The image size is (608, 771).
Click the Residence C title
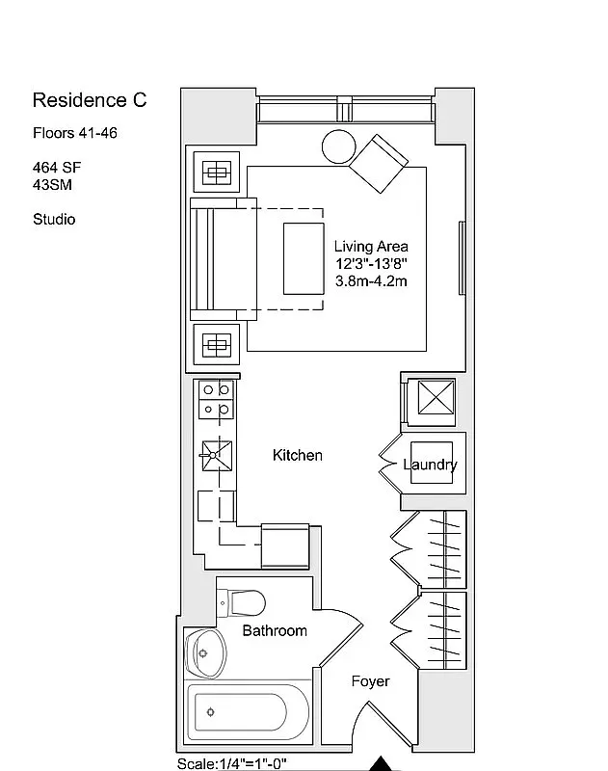click(x=90, y=100)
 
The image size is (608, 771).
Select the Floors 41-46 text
click(x=75, y=134)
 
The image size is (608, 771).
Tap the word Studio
click(x=54, y=219)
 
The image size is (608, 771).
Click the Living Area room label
click(x=371, y=247)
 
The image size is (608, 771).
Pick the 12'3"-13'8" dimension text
click(x=371, y=264)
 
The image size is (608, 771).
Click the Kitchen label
click(x=297, y=455)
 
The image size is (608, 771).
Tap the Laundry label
click(x=430, y=465)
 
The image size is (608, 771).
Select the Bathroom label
click(x=275, y=630)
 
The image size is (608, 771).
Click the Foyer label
click(x=370, y=681)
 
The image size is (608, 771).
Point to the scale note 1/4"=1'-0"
click(x=231, y=762)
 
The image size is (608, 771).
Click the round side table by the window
click(x=339, y=146)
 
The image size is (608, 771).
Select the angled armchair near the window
click(x=379, y=164)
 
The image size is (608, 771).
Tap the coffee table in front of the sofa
click(x=304, y=257)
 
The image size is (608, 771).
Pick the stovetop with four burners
click(x=216, y=400)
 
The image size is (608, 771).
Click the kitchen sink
click(x=216, y=453)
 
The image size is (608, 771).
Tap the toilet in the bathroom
click(x=244, y=603)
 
